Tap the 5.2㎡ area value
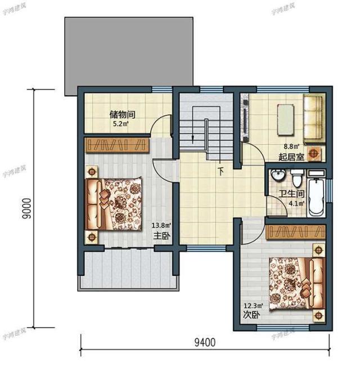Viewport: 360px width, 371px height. pos(122,123)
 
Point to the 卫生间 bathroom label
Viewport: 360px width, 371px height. pos(292,195)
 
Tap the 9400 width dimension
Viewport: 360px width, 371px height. pos(205,341)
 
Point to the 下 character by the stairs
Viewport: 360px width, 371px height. pos(221,170)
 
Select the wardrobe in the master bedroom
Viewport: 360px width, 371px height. pos(117,145)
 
